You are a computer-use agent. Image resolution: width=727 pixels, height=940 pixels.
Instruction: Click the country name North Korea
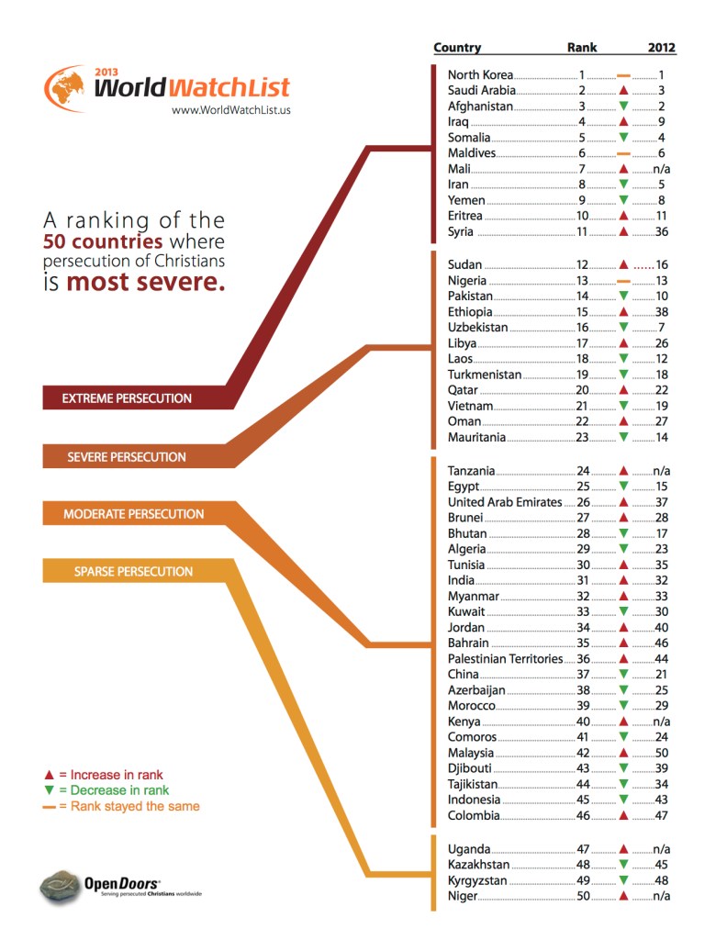tap(480, 74)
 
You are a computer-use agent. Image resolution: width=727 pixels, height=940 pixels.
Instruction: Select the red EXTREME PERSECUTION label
tap(127, 398)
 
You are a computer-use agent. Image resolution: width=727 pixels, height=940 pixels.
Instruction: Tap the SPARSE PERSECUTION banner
tap(133, 571)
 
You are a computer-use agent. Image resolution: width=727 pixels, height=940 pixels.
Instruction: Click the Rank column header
tap(582, 48)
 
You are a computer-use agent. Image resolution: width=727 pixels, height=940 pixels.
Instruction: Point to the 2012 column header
tap(661, 48)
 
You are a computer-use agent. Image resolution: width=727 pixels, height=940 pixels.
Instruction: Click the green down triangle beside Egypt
tap(623, 487)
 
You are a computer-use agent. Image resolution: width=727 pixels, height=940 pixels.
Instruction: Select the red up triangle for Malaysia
tap(623, 752)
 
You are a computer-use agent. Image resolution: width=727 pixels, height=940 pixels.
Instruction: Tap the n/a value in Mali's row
tap(663, 169)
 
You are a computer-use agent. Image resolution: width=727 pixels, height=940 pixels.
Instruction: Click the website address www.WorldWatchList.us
tap(231, 110)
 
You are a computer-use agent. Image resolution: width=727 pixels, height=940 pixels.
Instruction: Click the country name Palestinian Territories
tap(504, 658)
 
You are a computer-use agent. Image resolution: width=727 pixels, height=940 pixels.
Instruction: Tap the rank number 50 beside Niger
tap(582, 896)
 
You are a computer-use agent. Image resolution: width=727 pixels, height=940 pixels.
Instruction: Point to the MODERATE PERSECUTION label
tap(133, 514)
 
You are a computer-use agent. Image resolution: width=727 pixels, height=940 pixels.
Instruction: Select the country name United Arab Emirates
tap(504, 502)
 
